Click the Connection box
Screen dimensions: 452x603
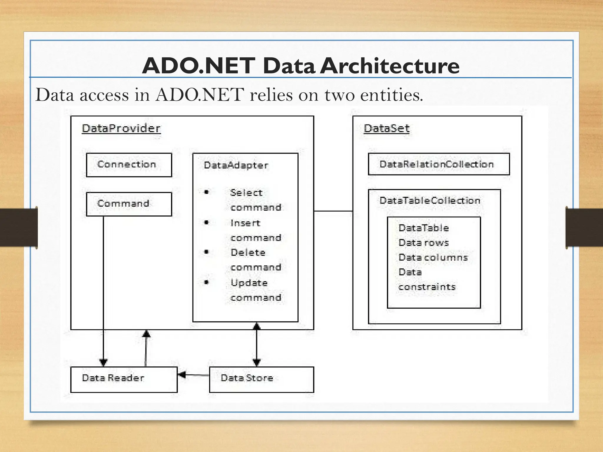coord(129,165)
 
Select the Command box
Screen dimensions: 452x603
coord(129,204)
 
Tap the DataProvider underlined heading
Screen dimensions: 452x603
coord(121,129)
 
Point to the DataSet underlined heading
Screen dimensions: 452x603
coord(386,129)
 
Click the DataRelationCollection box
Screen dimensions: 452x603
coord(438,164)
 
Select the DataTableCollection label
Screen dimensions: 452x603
coord(430,201)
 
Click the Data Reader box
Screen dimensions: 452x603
coord(124,379)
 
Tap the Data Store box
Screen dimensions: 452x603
coord(261,379)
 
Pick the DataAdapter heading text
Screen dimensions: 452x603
coord(236,165)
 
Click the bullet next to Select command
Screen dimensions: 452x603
coord(206,192)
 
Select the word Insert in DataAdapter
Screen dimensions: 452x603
coord(245,223)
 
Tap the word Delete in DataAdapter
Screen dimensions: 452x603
coord(248,252)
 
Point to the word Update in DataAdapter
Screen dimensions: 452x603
coord(249,283)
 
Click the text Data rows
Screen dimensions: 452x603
coord(423,243)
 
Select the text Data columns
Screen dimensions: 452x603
coord(433,257)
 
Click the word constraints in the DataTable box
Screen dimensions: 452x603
coord(427,287)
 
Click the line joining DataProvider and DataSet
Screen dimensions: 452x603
coord(333,211)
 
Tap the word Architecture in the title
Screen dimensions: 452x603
coord(389,66)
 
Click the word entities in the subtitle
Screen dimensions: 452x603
coord(391,95)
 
